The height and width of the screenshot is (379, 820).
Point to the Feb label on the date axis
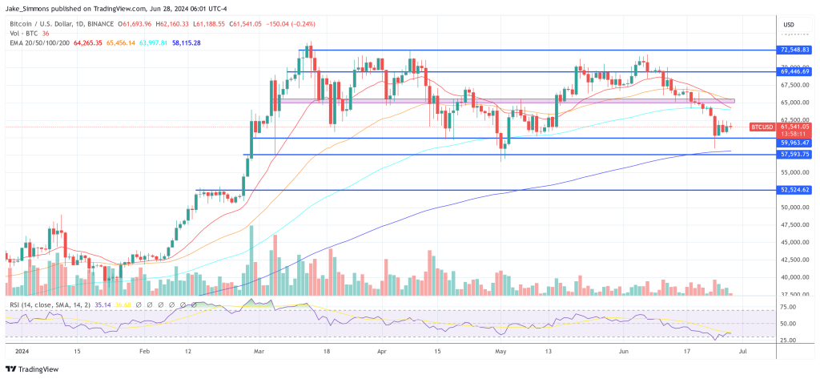point(145,350)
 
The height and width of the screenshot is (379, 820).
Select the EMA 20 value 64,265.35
point(88,42)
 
